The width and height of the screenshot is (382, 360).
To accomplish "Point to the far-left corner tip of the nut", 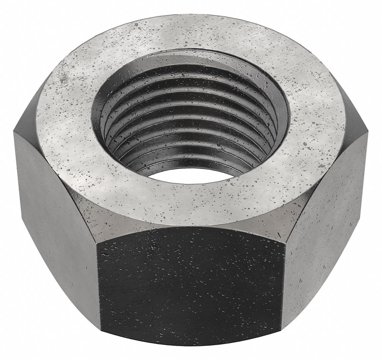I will [x=14, y=131].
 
